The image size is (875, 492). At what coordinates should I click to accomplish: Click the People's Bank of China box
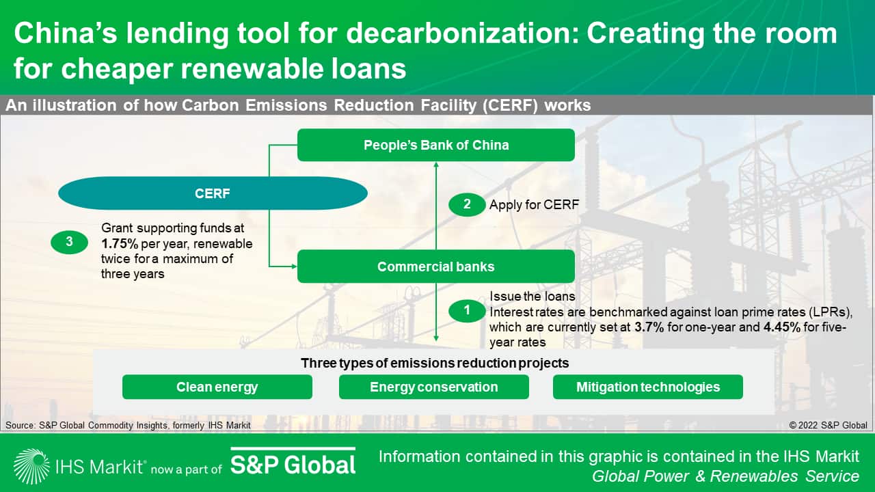tap(436, 145)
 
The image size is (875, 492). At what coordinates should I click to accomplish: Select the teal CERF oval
tap(213, 193)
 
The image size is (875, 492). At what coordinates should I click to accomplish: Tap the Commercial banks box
tap(436, 266)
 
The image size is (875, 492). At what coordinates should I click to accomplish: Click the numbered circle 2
tap(467, 204)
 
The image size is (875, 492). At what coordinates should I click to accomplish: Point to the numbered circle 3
tap(70, 242)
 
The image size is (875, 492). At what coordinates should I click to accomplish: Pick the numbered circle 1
tap(467, 311)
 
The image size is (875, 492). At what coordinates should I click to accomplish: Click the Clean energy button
tap(217, 387)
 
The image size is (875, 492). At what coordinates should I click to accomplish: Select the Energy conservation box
tap(434, 387)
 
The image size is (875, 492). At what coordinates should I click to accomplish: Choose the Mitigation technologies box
tap(648, 387)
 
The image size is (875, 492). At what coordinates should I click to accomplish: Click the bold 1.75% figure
tap(120, 244)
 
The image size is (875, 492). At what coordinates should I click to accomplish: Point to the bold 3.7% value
tap(649, 327)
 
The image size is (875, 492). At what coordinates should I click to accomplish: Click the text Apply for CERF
tap(534, 204)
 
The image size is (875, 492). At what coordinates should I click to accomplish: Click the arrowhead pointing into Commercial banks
tap(294, 266)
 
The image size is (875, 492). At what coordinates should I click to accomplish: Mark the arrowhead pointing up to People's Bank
tap(436, 165)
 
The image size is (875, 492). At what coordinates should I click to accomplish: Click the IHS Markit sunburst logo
tap(31, 466)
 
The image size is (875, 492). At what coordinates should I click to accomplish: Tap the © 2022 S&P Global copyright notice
tap(828, 425)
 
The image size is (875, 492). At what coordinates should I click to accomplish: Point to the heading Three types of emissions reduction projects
tap(435, 363)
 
